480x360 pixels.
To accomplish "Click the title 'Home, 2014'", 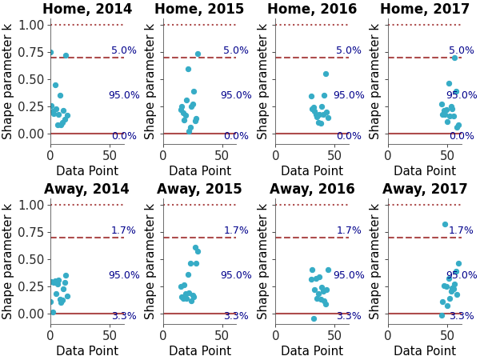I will point(87,10).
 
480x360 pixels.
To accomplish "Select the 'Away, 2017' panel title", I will point(425,190).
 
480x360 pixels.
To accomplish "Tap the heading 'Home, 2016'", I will point(312,10).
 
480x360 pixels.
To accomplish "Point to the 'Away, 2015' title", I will point(199,190).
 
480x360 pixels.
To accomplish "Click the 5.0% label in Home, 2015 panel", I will point(236,50).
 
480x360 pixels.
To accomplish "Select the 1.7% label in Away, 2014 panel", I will point(123,230).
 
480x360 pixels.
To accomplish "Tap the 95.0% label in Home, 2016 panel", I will point(348,95).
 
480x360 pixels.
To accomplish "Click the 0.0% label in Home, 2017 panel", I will point(461,136).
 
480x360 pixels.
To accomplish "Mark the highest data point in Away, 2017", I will point(445,224).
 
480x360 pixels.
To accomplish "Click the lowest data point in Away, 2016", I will point(314,318).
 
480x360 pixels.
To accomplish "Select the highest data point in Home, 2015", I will point(198,54).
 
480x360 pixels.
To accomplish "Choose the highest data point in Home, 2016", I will point(326,74).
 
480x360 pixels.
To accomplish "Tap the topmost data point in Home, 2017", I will point(454,58).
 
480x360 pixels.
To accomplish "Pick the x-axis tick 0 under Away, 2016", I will point(276,335).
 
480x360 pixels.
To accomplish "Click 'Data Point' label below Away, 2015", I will point(199,351).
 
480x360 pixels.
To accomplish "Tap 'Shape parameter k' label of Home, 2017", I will point(375,81).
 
